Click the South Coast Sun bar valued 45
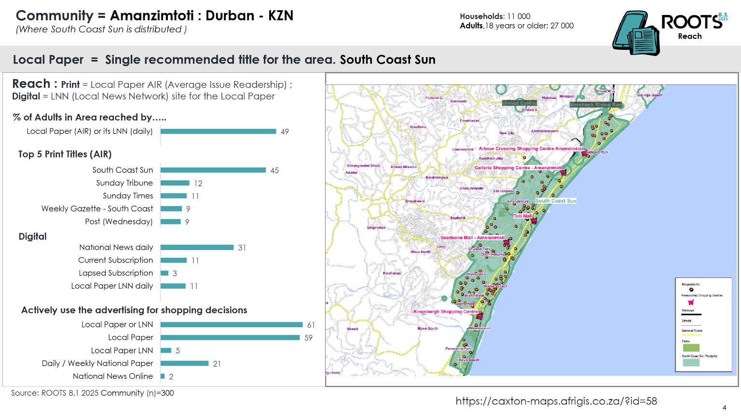213,170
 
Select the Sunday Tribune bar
175,183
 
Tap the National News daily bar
197,247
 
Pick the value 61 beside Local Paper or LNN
311,325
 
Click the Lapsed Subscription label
116,273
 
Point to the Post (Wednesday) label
119,222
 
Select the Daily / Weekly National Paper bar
184,363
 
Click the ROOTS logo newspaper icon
636,34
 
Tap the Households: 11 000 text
495,16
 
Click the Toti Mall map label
522,216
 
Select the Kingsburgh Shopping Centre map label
445,312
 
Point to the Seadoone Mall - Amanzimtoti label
472,237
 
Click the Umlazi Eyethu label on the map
519,103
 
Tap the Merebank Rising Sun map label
595,105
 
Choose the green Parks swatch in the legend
691,347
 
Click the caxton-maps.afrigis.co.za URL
556,401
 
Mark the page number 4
724,408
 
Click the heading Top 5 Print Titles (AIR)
65,154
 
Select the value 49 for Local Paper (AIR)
285,132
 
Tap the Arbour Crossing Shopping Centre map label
531,149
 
